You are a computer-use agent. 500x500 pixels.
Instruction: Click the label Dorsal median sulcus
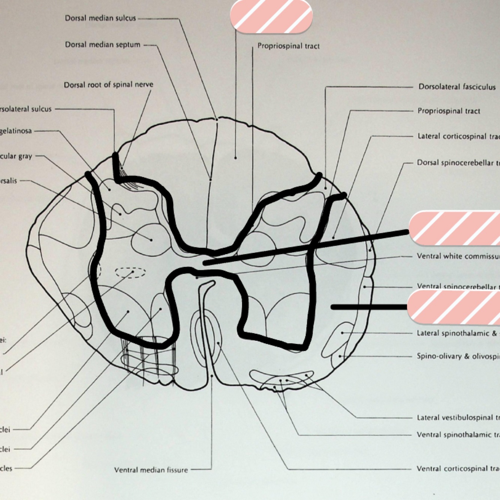pyautogui.click(x=100, y=18)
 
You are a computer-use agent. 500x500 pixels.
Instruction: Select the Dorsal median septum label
pyautogui.click(x=102, y=45)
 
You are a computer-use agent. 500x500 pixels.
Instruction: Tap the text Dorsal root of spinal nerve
pyautogui.click(x=108, y=85)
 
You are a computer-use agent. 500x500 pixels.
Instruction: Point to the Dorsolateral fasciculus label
pyautogui.click(x=457, y=87)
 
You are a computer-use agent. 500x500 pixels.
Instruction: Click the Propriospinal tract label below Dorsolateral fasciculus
pyautogui.click(x=449, y=111)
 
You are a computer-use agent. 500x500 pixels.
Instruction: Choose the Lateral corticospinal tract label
pyautogui.click(x=458, y=136)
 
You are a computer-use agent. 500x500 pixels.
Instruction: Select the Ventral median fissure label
pyautogui.click(x=151, y=470)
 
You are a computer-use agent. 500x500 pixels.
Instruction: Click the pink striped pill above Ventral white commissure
pyautogui.click(x=455, y=228)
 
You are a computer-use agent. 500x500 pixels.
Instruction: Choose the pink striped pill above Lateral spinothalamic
pyautogui.click(x=454, y=307)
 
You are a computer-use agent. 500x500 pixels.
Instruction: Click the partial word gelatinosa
pyautogui.click(x=16, y=131)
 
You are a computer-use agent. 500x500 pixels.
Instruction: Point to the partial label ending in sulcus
pyautogui.click(x=25, y=109)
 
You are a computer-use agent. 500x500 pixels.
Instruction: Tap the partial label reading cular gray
pyautogui.click(x=16, y=156)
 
